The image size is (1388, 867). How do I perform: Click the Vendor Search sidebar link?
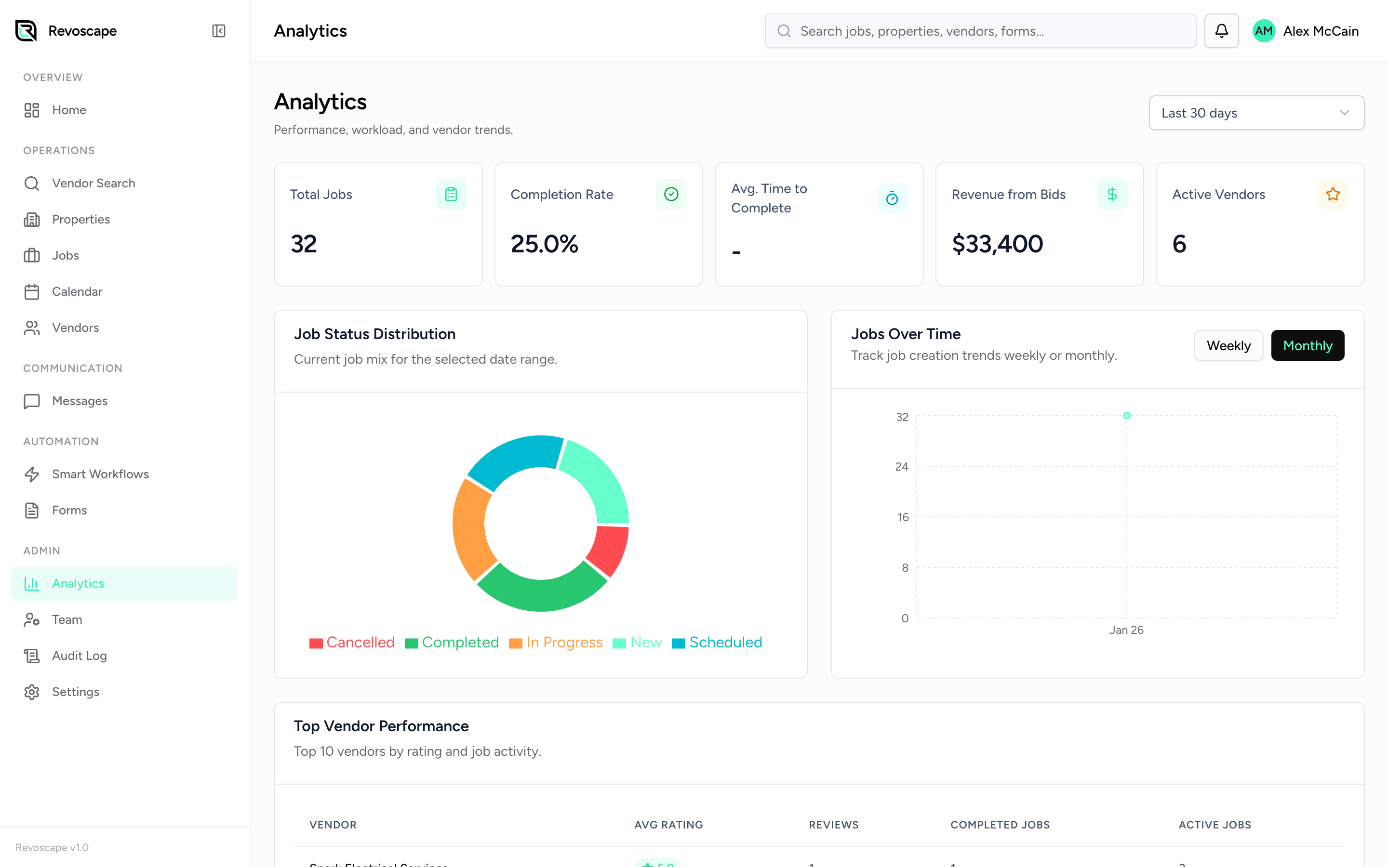(x=93, y=183)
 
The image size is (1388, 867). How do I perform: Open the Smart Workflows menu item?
(x=100, y=473)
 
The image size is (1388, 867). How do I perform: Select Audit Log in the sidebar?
(x=79, y=656)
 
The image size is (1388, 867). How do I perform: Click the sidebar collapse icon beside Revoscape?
(x=218, y=31)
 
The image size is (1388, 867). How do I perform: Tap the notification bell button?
(x=1221, y=31)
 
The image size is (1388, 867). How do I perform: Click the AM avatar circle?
(x=1264, y=31)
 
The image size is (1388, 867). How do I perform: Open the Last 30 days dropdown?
(x=1255, y=113)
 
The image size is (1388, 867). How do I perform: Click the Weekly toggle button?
(x=1228, y=345)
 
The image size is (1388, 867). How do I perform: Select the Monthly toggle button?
(x=1307, y=345)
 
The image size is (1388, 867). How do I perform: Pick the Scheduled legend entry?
(x=717, y=642)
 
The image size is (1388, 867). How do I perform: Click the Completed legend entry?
(x=452, y=642)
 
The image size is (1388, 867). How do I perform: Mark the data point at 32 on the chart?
(x=1126, y=416)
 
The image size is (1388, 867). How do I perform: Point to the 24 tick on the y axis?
(x=902, y=467)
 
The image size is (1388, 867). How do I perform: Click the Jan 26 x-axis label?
(x=1126, y=630)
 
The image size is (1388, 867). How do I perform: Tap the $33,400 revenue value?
(x=997, y=244)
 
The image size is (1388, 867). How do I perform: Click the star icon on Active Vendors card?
(x=1333, y=195)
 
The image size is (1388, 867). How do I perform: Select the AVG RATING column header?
(x=668, y=825)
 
